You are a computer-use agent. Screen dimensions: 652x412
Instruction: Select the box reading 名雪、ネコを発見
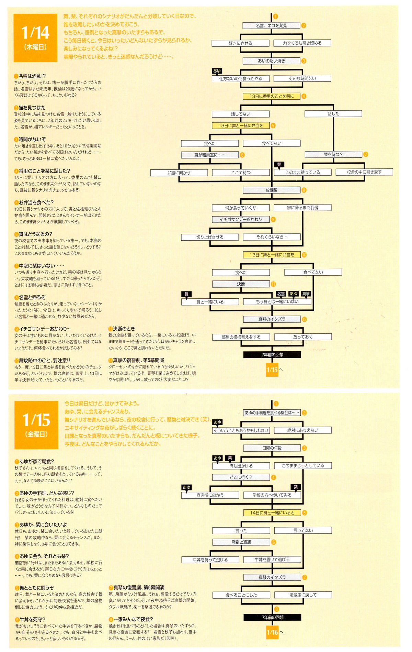tap(271, 25)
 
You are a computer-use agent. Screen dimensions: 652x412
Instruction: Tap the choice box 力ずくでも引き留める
tap(302, 43)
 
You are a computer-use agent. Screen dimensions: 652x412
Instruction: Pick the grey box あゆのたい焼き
tap(271, 61)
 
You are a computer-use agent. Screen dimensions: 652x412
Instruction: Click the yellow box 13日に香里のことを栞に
tap(271, 96)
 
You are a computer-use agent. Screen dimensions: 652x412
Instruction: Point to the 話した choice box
tap(333, 113)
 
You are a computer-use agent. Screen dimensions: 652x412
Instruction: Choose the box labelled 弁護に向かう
tap(179, 173)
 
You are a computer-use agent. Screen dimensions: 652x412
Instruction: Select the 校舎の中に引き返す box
tap(364, 172)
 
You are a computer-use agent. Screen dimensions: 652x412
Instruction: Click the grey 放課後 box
tap(271, 190)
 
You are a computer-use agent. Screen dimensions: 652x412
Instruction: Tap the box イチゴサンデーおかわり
tap(241, 219)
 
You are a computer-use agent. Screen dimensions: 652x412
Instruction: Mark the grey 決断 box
tap(241, 284)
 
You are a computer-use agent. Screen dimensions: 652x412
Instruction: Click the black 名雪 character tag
tap(281, 294)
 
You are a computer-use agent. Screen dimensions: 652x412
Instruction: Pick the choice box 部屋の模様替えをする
tap(241, 337)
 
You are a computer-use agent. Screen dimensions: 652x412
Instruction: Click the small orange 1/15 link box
tap(272, 369)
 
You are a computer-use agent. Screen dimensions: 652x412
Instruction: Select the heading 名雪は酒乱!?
tap(32, 76)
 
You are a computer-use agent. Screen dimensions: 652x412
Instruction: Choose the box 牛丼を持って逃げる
tap(210, 560)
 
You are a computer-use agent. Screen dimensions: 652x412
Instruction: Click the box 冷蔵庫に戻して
tap(303, 595)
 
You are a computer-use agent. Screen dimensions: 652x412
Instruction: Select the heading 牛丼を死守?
tap(32, 619)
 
